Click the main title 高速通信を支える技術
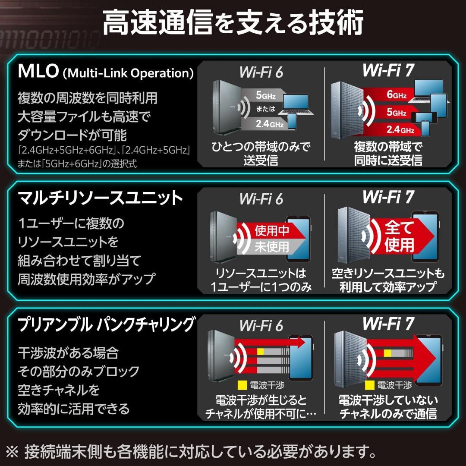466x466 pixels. click(x=233, y=24)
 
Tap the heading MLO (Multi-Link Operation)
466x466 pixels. click(x=106, y=72)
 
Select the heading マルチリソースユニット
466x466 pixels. click(x=101, y=198)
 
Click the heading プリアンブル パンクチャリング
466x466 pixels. click(x=106, y=324)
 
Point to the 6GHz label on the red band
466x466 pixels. click(x=396, y=94)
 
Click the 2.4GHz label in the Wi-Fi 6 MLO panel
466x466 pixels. click(x=269, y=124)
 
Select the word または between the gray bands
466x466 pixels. click(x=265, y=109)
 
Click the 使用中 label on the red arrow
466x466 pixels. click(x=272, y=230)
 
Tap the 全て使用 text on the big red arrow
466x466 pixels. click(x=399, y=236)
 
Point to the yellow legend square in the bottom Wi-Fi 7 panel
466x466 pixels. click(x=369, y=384)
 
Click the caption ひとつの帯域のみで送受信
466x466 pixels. click(x=261, y=154)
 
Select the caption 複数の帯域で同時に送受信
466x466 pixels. click(x=388, y=154)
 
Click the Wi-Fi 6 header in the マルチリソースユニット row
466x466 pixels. click(x=261, y=199)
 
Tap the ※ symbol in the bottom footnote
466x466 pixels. click(x=13, y=451)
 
